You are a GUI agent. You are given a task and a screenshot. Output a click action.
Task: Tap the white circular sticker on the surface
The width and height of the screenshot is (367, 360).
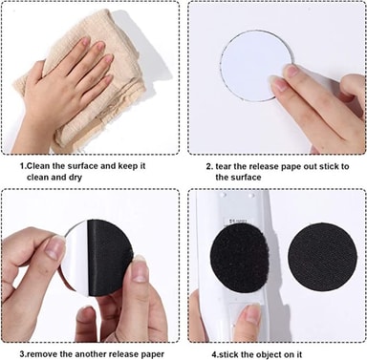click(252, 66)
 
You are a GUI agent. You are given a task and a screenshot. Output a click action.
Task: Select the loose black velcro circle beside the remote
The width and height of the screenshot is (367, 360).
click(322, 256)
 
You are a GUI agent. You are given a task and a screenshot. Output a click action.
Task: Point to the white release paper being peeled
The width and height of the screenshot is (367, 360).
click(76, 255)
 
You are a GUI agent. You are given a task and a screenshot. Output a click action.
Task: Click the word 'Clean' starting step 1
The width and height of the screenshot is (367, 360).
click(38, 166)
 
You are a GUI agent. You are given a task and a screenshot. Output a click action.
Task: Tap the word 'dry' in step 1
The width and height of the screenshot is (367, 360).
click(76, 178)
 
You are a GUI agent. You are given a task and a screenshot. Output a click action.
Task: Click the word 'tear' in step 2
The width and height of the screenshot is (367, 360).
click(224, 166)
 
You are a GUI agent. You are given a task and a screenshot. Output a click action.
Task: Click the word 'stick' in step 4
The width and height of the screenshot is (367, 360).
click(229, 354)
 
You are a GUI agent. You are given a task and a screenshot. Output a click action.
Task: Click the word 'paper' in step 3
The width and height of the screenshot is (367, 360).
click(152, 354)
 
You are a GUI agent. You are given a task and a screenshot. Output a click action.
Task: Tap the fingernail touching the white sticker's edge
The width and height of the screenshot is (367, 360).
click(278, 84)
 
